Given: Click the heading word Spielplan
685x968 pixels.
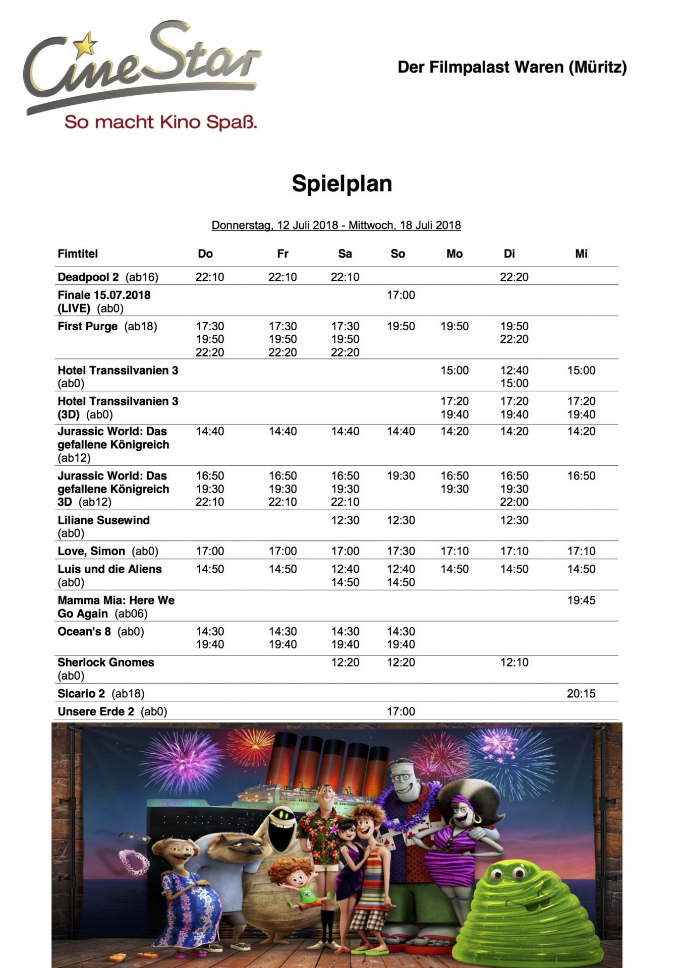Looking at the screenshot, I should [342, 184].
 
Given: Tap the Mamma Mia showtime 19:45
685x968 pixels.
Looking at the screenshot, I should [581, 600].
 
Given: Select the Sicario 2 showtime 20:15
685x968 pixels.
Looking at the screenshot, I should [581, 694].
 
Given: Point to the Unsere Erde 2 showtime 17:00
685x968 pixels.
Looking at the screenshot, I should [401, 712].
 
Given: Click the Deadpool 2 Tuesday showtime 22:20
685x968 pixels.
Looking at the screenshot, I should [514, 277].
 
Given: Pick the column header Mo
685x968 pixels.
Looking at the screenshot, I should [454, 254].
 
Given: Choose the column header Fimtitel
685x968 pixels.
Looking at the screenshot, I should [78, 254].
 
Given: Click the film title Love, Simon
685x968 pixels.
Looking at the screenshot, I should [91, 552].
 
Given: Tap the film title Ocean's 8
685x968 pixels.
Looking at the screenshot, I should [84, 632].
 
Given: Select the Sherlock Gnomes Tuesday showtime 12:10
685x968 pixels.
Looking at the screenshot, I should [514, 662].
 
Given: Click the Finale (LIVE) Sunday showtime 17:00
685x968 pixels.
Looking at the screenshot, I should [401, 295].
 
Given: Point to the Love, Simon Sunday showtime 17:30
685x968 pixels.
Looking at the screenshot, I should [401, 552].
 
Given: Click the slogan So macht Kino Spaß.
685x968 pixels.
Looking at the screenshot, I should [161, 122].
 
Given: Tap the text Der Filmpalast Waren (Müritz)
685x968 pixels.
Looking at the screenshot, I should [512, 68].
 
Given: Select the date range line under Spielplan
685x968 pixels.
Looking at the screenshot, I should [336, 225].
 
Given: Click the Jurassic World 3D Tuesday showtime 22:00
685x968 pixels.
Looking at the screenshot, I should [514, 502].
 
